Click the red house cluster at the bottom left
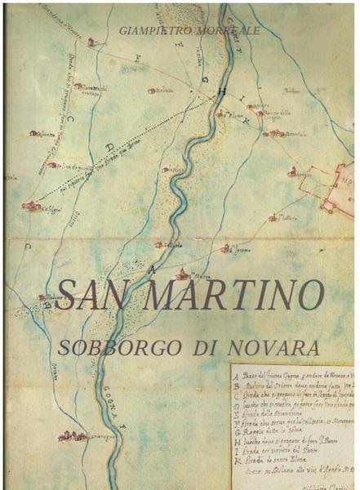(x=71, y=437)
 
